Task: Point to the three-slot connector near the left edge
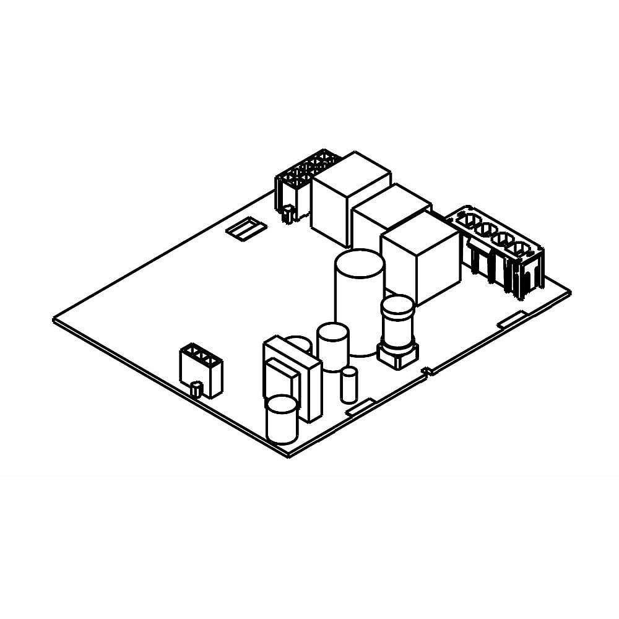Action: [x=201, y=368]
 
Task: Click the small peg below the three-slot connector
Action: [x=196, y=389]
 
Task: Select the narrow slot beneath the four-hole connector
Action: [x=511, y=319]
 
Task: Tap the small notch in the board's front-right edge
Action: [x=426, y=371]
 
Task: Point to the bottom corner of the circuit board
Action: [x=288, y=456]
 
